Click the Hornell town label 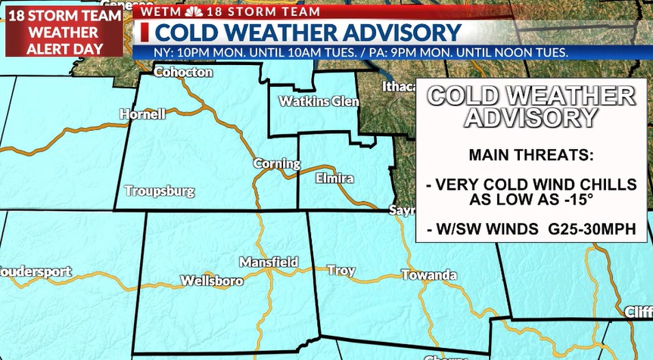142,114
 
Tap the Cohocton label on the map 183,73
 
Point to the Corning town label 276,163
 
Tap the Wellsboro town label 212,281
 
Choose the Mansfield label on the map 268,262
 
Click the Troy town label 340,270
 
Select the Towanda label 429,275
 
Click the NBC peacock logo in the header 194,11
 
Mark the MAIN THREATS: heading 531,155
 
